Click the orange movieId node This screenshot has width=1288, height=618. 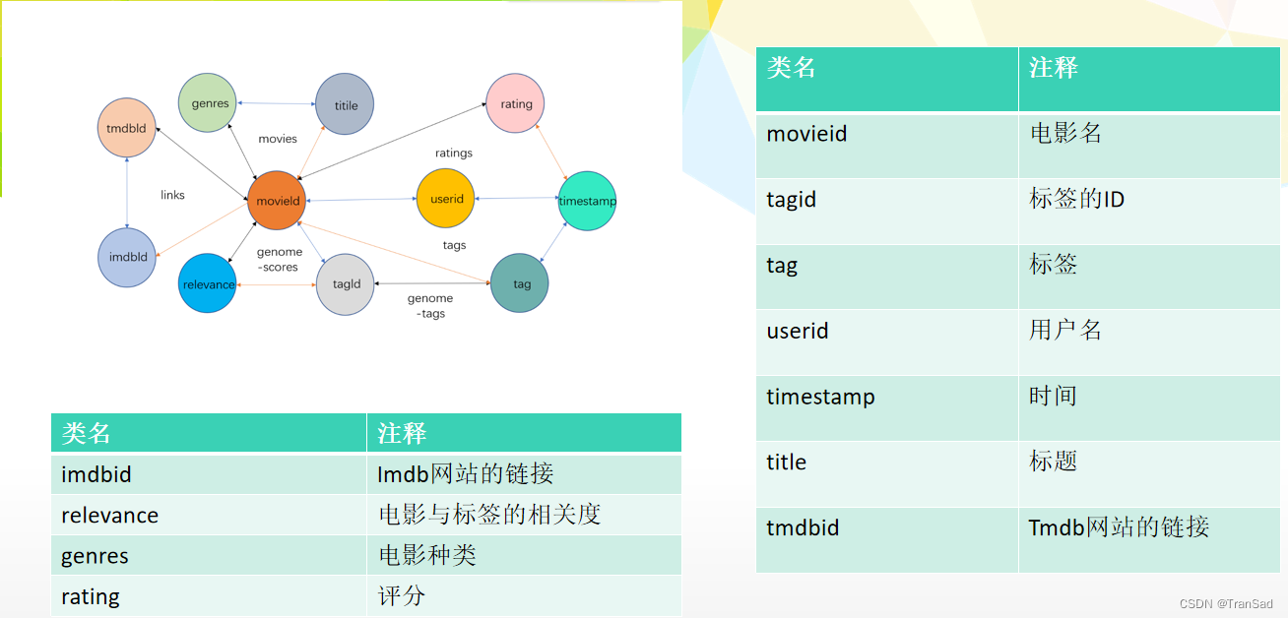[x=277, y=201]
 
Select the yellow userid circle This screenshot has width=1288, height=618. [x=446, y=199]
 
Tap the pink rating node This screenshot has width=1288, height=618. [x=516, y=103]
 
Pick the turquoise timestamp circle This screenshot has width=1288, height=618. [x=587, y=201]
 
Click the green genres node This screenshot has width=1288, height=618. [x=210, y=103]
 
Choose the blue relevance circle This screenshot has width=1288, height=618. [x=208, y=284]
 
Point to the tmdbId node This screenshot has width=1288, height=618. [x=127, y=128]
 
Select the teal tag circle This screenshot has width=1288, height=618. [x=520, y=283]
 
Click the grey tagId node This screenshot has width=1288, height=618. [x=346, y=284]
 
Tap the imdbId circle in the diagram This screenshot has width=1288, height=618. [x=127, y=257]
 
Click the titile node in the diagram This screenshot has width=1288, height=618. [x=345, y=105]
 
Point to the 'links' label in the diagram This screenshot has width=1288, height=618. [x=172, y=195]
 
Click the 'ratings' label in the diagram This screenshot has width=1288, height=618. [x=454, y=153]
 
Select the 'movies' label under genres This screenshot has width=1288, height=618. [x=278, y=139]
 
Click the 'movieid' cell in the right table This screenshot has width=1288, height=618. [x=806, y=134]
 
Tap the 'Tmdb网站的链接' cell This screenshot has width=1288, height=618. [x=1119, y=527]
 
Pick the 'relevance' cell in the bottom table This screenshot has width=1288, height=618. [x=109, y=515]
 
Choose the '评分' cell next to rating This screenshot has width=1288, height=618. [x=402, y=596]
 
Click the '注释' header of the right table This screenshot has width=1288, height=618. [x=1054, y=68]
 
